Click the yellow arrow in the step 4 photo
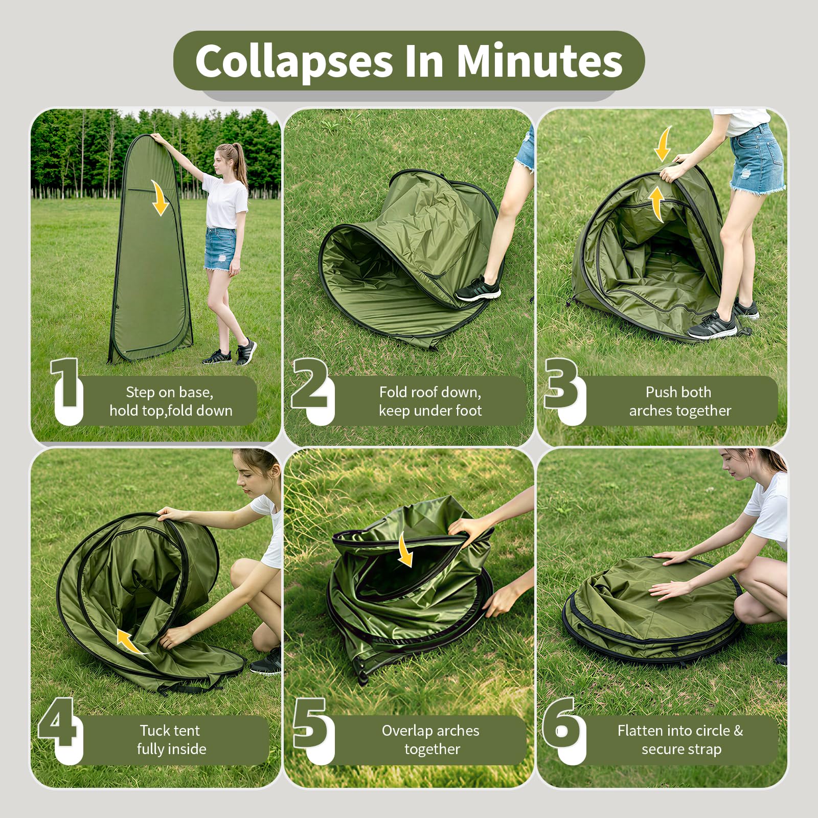[130, 641]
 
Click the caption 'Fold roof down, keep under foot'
[430, 401]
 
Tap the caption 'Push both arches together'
[679, 401]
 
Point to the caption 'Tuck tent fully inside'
[171, 740]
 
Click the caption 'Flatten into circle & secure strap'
[680, 740]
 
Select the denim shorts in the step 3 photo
[756, 158]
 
